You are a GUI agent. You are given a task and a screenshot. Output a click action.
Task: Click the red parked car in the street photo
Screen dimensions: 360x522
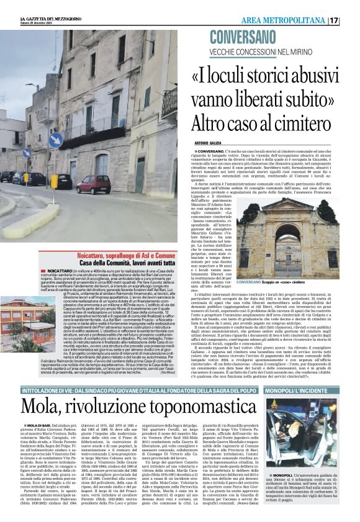[x=94, y=184]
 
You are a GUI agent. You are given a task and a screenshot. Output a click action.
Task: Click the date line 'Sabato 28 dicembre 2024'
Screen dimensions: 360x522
[x=38, y=25]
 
